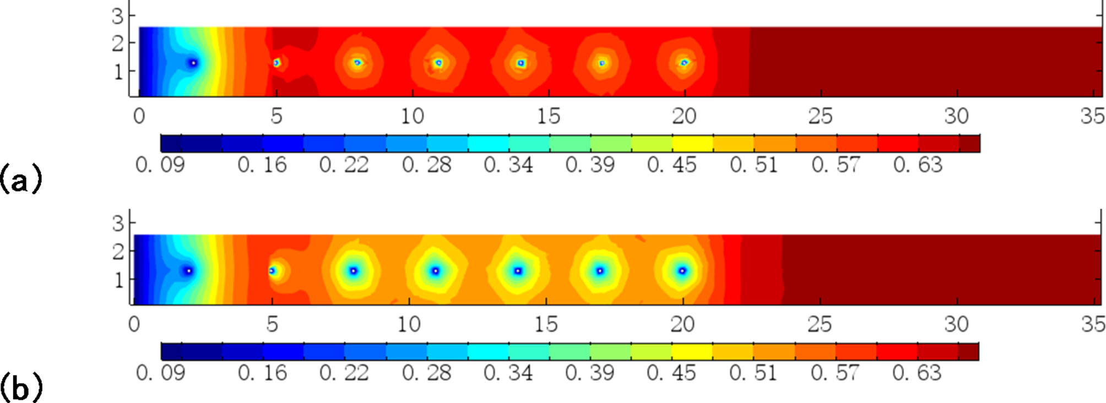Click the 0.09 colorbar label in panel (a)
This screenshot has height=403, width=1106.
pos(160,165)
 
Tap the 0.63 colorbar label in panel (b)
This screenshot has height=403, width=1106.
pos(917,373)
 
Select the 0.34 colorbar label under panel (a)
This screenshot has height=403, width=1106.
pos(508,165)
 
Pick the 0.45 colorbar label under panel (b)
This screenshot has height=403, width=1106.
pos(671,373)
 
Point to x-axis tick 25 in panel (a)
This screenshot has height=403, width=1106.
pos(820,116)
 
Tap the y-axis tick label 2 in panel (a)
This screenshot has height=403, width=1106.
pos(118,43)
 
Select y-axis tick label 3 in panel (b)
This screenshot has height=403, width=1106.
pos(118,224)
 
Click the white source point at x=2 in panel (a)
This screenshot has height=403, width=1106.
pos(193,63)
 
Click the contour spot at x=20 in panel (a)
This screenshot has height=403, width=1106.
pos(684,63)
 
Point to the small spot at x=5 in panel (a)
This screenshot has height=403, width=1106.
pos(276,63)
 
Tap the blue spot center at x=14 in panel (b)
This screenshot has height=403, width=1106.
pos(518,271)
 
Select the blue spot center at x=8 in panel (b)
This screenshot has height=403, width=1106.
pos(354,271)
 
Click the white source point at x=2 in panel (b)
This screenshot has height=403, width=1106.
pos(189,271)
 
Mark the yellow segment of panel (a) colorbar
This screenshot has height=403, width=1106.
pos(692,144)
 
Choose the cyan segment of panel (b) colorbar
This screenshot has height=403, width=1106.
pos(488,351)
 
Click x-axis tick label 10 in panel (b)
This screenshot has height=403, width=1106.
pos(409,324)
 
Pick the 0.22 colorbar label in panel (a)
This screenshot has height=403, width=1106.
pos(344,165)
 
